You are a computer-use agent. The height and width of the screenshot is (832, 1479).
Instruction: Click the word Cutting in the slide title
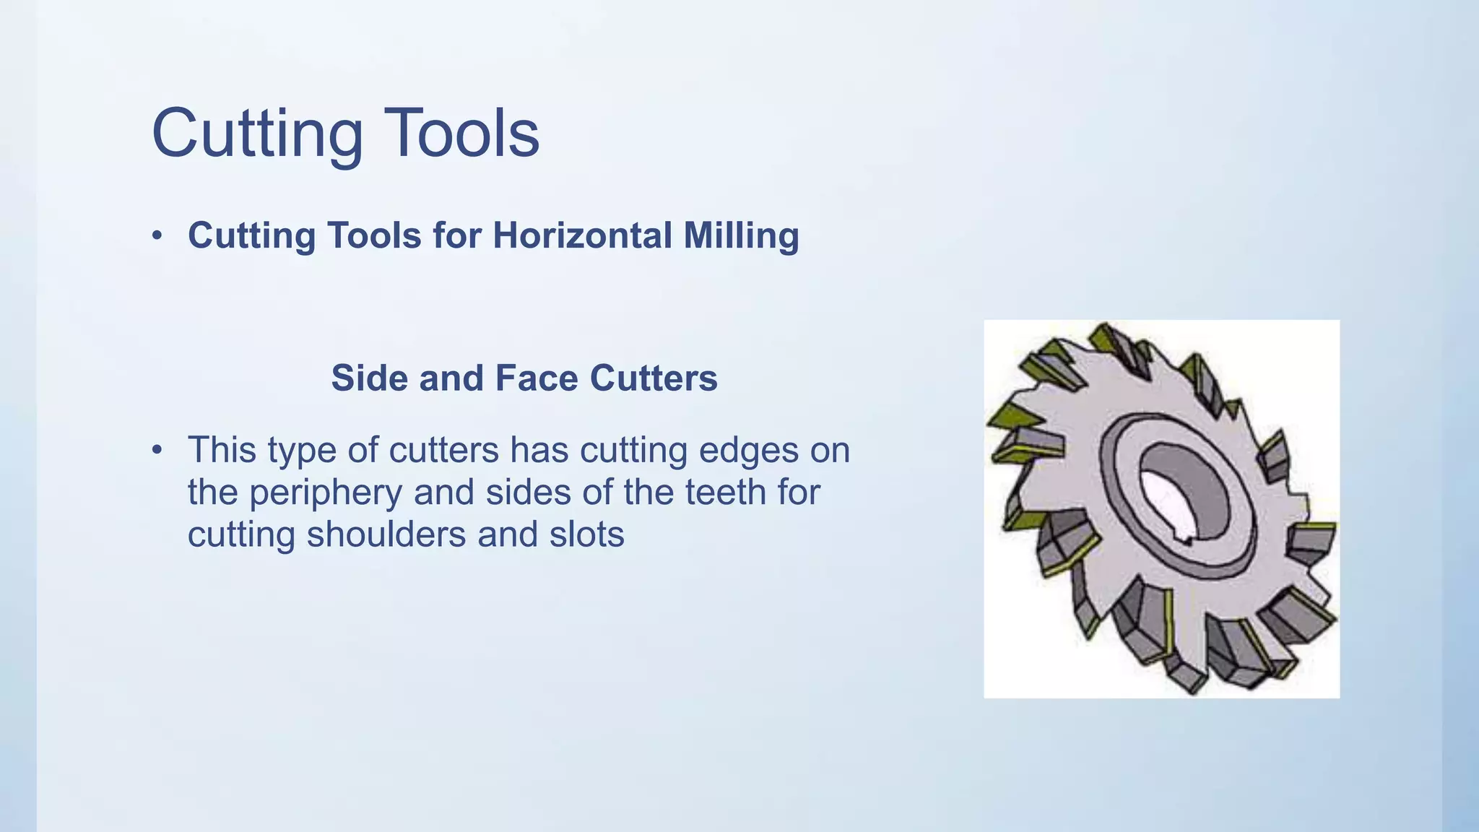pos(257,134)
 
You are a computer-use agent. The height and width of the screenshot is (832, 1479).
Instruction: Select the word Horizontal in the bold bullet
pos(583,235)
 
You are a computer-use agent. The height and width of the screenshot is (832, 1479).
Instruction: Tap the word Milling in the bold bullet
pos(741,237)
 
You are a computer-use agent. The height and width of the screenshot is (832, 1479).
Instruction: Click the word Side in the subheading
pos(370,378)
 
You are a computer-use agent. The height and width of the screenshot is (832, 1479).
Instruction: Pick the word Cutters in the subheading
pos(654,378)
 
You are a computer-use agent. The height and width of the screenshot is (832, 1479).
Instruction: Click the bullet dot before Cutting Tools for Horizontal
pos(157,236)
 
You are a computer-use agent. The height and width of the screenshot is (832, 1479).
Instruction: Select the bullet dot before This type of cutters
pos(157,451)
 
